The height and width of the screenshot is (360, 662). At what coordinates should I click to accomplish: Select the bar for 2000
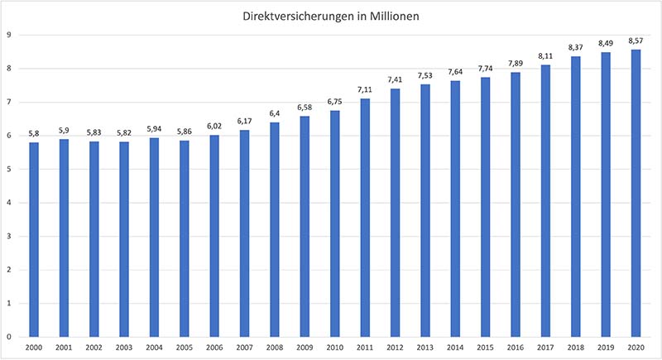coord(34,240)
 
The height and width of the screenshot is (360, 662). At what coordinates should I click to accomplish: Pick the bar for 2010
coord(335,223)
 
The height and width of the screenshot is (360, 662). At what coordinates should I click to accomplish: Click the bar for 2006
coord(214,236)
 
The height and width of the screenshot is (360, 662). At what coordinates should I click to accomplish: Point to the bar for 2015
coord(485,207)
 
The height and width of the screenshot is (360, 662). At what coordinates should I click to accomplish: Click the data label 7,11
coord(365,89)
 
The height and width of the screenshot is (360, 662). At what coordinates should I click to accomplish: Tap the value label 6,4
coord(275,113)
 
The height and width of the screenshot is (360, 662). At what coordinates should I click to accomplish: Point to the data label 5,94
coord(155,127)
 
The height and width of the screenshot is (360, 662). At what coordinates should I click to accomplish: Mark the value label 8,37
coord(575,46)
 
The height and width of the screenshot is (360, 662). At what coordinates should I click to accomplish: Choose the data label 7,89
coord(516,62)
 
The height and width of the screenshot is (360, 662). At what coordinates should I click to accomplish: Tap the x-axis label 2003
coord(124,349)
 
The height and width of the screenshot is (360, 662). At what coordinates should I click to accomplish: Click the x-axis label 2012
coord(395,349)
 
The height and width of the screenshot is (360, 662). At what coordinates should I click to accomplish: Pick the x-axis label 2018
coord(575,349)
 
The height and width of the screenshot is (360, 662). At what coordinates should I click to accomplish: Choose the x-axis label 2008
coord(275,349)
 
